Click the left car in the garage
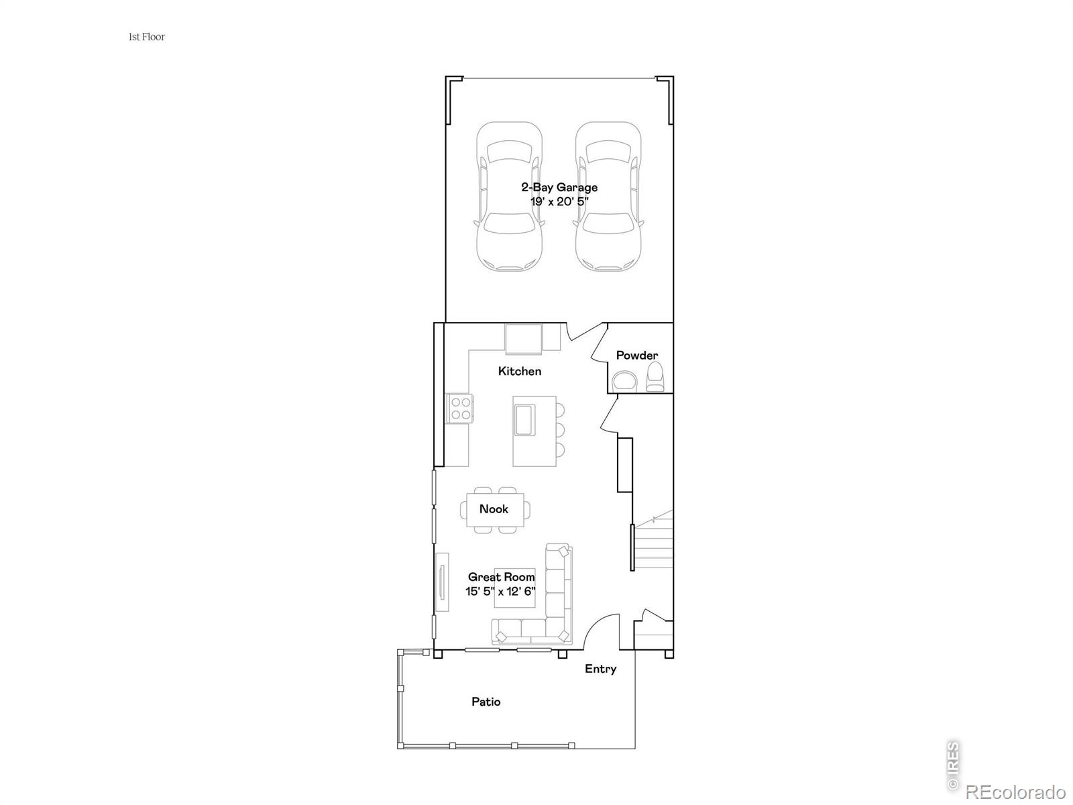(x=509, y=197)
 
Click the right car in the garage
(x=608, y=197)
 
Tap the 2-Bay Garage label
(x=559, y=188)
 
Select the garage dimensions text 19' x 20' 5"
(x=559, y=201)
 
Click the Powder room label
(x=637, y=356)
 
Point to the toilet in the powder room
(x=655, y=378)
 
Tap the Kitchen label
(x=520, y=371)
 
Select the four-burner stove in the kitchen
(x=461, y=409)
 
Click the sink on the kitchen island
(x=524, y=420)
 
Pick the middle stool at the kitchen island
(x=559, y=429)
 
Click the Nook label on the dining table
(x=494, y=509)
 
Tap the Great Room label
(x=502, y=577)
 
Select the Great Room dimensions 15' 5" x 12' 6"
(x=500, y=592)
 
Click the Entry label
(x=600, y=669)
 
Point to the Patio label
(x=486, y=702)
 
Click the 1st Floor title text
(x=146, y=37)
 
